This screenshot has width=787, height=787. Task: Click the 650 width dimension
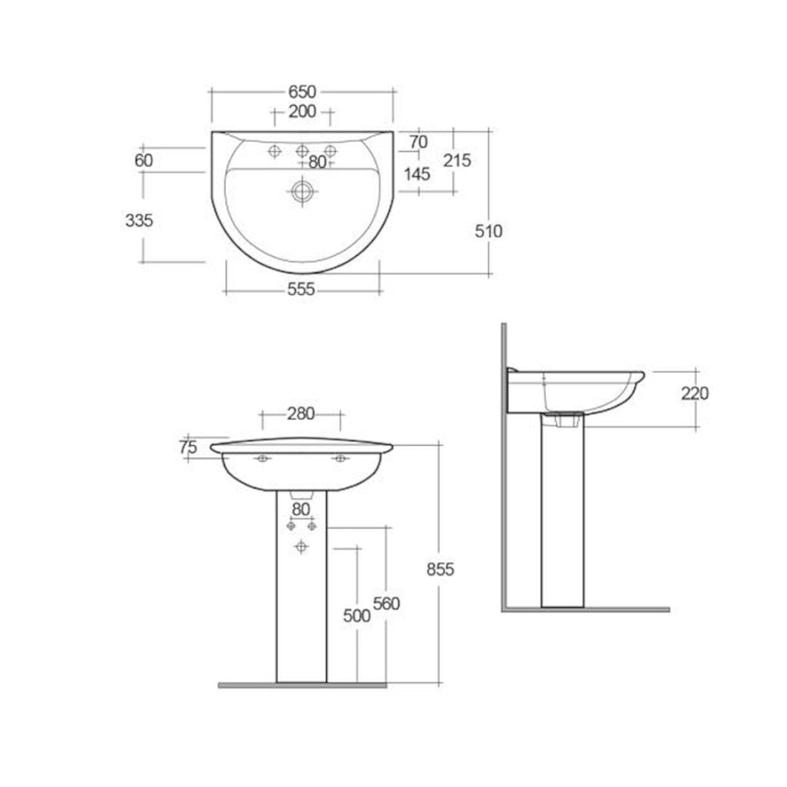[x=302, y=92]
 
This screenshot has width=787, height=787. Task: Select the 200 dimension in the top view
[x=302, y=111]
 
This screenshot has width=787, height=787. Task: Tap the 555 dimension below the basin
[x=301, y=288]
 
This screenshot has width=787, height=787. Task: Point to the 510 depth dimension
[x=489, y=231]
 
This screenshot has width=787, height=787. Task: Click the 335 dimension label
[x=139, y=220]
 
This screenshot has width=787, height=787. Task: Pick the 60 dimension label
[x=143, y=160]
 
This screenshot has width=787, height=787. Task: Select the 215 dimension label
[x=457, y=160]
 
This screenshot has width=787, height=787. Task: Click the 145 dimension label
[x=417, y=174]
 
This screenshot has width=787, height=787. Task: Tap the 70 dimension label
[x=418, y=142]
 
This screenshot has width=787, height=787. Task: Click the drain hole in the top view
[x=301, y=191]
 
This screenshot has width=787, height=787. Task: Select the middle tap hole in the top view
[x=302, y=151]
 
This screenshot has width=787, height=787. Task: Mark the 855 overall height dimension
[x=440, y=569]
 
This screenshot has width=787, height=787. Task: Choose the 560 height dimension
[x=386, y=604]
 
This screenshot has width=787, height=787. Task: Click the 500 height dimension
[x=357, y=615]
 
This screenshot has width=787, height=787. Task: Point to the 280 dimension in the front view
[x=301, y=414]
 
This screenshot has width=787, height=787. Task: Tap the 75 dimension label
[x=188, y=448]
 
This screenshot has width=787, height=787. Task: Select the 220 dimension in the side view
[x=695, y=393]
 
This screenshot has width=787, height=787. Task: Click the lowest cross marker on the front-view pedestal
[x=301, y=546]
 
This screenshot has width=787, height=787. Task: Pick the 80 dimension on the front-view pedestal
[x=301, y=509]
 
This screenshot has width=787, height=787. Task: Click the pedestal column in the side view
[x=562, y=516]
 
